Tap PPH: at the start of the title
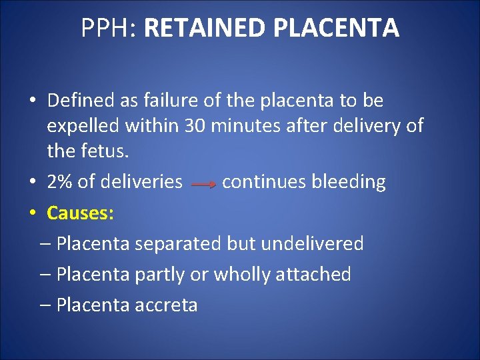pyautogui.click(x=109, y=28)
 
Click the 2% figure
pyautogui.click(x=57, y=182)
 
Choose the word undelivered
pyautogui.click(x=312, y=243)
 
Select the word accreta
pyautogui.click(x=166, y=305)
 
